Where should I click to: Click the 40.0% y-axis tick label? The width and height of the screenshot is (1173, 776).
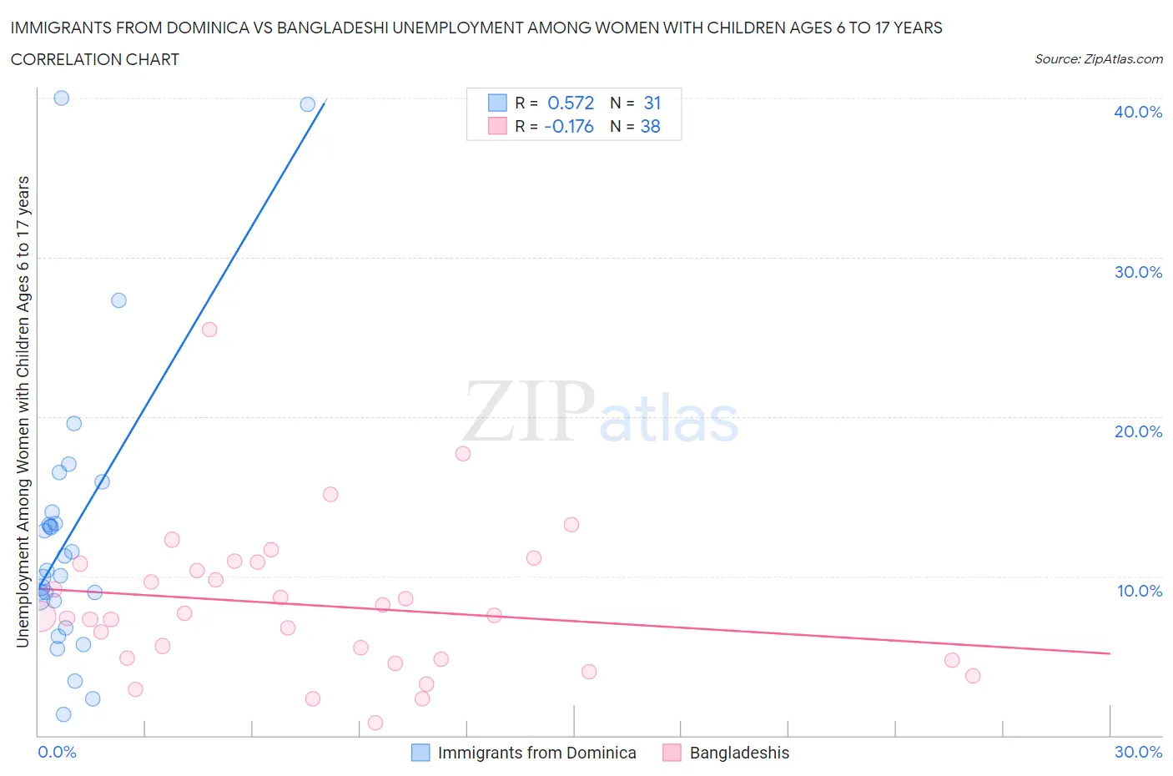(1137, 112)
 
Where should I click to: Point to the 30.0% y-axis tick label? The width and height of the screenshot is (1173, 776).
(1137, 272)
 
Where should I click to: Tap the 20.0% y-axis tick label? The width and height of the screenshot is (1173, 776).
(1137, 431)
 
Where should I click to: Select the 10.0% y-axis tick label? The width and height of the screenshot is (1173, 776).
(1139, 591)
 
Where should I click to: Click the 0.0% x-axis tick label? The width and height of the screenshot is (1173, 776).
(57, 752)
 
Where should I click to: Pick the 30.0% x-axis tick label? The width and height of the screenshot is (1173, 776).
(1138, 752)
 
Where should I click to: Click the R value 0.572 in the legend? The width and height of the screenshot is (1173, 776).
(571, 103)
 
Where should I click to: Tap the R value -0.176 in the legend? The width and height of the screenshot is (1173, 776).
(568, 126)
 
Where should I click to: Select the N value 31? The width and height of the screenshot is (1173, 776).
(652, 103)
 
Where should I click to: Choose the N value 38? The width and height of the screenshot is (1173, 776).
(650, 126)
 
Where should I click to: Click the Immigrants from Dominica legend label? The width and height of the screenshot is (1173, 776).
(536, 753)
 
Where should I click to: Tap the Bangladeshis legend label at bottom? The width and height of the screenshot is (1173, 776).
(739, 753)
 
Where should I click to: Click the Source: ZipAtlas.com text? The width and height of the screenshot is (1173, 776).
(1098, 58)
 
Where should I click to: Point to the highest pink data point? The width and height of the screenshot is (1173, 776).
(209, 330)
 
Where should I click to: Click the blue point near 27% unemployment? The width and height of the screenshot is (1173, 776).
(118, 300)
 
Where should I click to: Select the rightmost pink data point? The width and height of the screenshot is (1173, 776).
(972, 676)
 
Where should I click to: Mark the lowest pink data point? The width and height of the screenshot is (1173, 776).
(375, 723)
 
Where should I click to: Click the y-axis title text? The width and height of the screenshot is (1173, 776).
(23, 412)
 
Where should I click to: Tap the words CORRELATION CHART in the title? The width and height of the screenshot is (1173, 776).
(95, 59)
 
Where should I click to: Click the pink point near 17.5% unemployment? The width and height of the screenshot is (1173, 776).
(463, 454)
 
